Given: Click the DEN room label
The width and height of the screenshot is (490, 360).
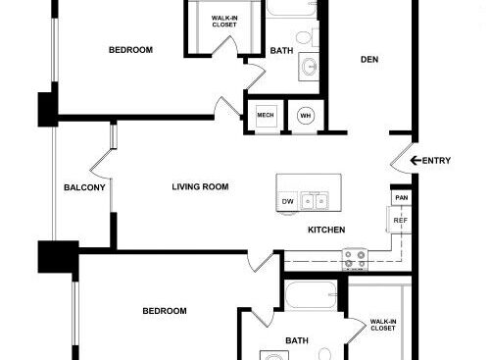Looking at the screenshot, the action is pyautogui.click(x=369, y=60).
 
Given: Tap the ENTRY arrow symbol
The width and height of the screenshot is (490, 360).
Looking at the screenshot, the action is pyautogui.click(x=416, y=161).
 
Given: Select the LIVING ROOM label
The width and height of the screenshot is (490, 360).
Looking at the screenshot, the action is pyautogui.click(x=200, y=186).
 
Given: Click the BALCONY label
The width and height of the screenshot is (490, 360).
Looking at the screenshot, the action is pyautogui.click(x=84, y=187).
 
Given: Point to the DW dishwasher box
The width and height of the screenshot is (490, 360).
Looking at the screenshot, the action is pyautogui.click(x=287, y=201).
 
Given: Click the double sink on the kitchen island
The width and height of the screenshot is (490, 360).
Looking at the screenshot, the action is pyautogui.click(x=315, y=201).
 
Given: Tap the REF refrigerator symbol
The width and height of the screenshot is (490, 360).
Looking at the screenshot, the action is pyautogui.click(x=399, y=220).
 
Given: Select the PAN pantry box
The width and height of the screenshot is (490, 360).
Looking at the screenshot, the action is pyautogui.click(x=402, y=198).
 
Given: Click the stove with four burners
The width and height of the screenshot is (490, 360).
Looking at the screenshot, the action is pyautogui.click(x=355, y=259).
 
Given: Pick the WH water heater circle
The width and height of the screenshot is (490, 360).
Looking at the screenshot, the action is pyautogui.click(x=306, y=116).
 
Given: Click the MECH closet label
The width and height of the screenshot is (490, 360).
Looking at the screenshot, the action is pyautogui.click(x=266, y=115).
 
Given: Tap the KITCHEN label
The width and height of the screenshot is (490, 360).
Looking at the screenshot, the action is pyautogui.click(x=326, y=230).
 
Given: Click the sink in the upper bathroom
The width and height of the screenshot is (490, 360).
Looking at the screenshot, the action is pyautogui.click(x=309, y=68).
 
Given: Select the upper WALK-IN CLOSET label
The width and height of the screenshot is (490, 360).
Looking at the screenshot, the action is pyautogui.click(x=224, y=22).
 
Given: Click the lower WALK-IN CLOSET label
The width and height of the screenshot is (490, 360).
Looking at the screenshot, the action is pyautogui.click(x=383, y=325).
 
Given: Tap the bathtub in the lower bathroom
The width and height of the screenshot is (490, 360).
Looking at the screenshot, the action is pyautogui.click(x=311, y=295).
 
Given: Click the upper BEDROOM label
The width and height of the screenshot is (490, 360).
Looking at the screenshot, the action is pyautogui.click(x=130, y=50).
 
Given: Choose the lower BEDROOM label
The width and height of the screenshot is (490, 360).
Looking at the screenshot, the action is pyautogui.click(x=165, y=311).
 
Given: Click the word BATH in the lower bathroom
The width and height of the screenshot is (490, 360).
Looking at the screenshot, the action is pyautogui.click(x=297, y=340).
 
